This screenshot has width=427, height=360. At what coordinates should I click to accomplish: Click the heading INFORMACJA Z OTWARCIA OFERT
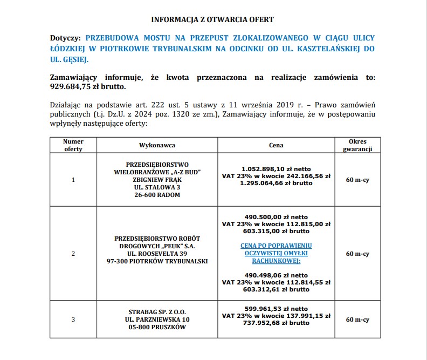(x=212, y=20)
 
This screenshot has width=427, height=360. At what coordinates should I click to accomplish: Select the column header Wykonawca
(x=157, y=145)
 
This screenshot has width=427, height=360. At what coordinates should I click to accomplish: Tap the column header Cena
(x=276, y=145)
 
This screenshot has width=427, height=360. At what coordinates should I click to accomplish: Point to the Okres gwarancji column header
(x=357, y=145)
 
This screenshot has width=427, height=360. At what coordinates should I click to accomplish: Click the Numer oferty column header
(x=73, y=145)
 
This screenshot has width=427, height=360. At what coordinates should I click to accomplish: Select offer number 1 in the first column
(x=73, y=180)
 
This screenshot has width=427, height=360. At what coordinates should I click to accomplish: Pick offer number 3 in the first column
(x=73, y=320)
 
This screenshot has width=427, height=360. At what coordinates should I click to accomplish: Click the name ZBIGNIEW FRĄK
(x=157, y=180)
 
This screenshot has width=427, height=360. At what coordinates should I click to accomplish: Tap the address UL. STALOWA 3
(x=157, y=187)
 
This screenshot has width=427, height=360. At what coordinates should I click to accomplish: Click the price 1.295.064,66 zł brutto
(x=276, y=184)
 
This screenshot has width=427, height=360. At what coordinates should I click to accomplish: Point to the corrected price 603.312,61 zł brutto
(x=276, y=289)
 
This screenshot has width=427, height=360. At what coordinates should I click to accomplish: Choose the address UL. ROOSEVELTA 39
(x=157, y=254)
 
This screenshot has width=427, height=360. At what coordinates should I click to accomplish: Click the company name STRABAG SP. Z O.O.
(x=157, y=312)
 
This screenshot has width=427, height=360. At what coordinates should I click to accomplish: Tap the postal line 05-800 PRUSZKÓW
(x=157, y=327)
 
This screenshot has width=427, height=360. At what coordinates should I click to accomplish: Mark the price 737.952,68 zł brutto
(x=276, y=323)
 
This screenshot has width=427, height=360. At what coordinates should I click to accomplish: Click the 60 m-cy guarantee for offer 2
(x=357, y=254)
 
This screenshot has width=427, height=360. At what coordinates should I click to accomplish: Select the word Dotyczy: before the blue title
(x=65, y=38)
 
